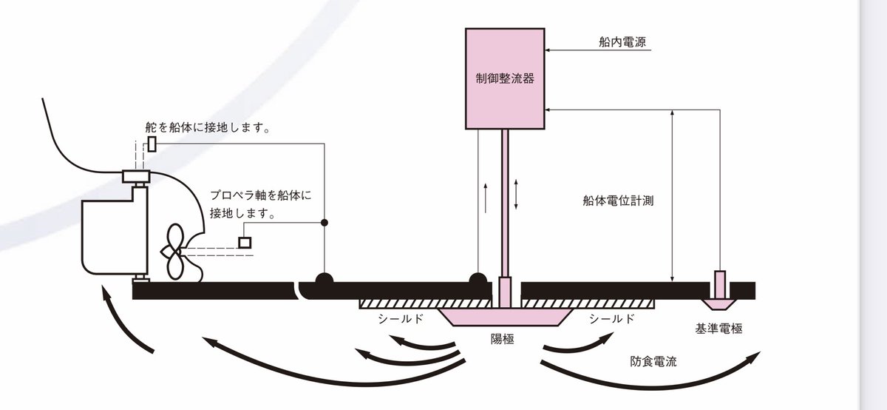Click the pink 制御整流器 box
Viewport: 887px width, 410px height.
coord(504,78)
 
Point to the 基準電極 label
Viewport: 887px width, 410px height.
coord(718,328)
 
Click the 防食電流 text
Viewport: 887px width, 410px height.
coord(654,363)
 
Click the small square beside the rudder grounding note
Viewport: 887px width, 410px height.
coord(152,144)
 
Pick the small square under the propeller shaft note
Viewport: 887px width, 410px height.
coord(245,242)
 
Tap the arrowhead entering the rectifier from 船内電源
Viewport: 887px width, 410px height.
coord(548,50)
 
